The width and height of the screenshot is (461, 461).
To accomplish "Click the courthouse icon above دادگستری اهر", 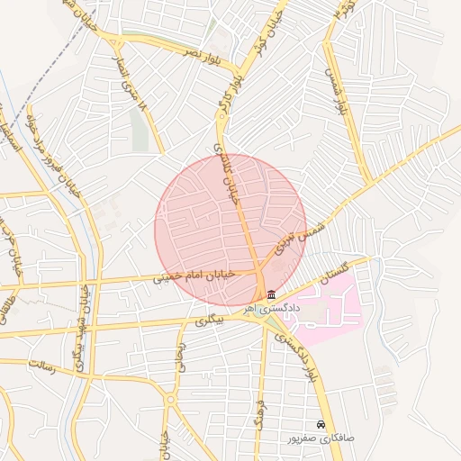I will click(x=272, y=294).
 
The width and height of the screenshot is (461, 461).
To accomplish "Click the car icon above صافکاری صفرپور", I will click(x=321, y=424).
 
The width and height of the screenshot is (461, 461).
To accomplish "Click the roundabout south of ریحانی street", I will click(x=170, y=399).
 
